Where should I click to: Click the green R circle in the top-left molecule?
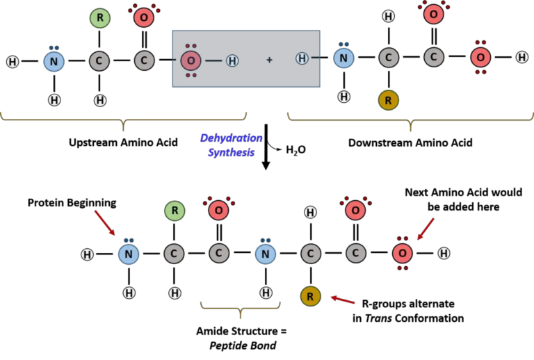tap(100, 18)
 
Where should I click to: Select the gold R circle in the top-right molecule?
tap(388, 100)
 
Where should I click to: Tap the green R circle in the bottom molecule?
tap(175, 211)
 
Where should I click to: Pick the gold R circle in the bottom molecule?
tap(310, 297)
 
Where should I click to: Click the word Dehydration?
tap(231, 138)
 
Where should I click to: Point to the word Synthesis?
tap(231, 152)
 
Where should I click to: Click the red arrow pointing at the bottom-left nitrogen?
tap(105, 222)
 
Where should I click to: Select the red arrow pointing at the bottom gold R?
tap(343, 300)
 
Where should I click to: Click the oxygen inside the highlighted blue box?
tap(191, 60)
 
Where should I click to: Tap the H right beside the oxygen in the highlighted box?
tap(232, 61)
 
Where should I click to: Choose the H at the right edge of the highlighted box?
tap(302, 59)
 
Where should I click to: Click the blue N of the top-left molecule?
tap(54, 61)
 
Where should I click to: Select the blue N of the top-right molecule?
tap(343, 58)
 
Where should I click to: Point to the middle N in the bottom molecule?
tap(265, 254)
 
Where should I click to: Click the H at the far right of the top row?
tap(521, 57)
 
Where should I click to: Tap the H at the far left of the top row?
tap(13, 62)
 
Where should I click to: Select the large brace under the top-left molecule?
tap(123, 120)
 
